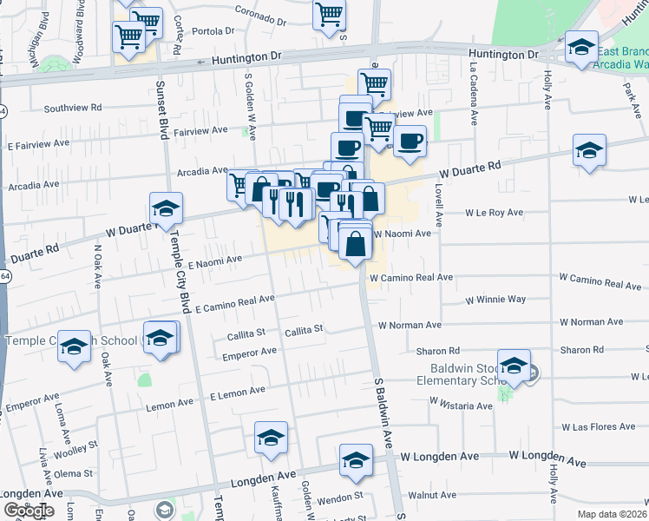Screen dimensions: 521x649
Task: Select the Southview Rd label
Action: click(x=73, y=108)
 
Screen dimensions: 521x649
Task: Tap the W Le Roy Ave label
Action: click(x=494, y=212)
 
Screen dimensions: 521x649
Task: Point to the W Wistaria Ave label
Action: click(x=461, y=405)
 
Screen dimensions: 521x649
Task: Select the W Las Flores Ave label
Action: click(x=599, y=427)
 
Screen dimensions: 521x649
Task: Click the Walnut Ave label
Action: click(x=432, y=495)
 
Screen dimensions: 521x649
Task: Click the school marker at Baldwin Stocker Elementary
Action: click(x=515, y=367)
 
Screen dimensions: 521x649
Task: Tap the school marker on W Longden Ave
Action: click(x=356, y=461)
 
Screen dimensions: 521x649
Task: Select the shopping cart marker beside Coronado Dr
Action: click(x=330, y=15)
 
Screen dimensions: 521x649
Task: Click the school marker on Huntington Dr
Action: click(x=581, y=49)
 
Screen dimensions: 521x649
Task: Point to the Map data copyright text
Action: click(x=612, y=514)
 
